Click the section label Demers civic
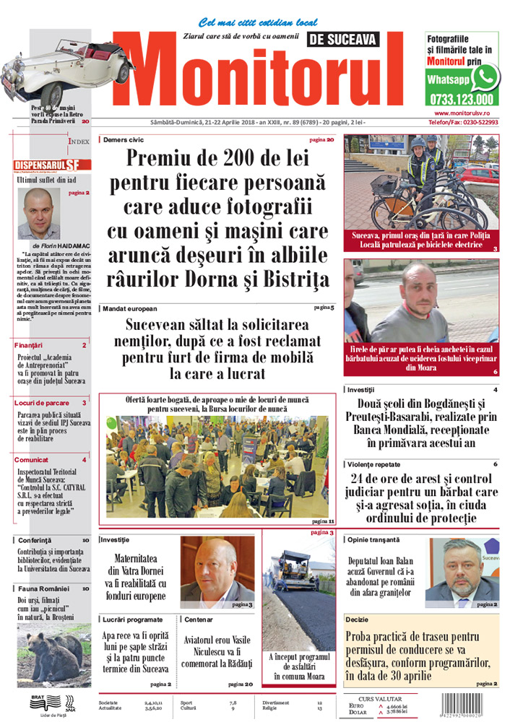click(x=122, y=139)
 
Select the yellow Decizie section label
click(x=358, y=619)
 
